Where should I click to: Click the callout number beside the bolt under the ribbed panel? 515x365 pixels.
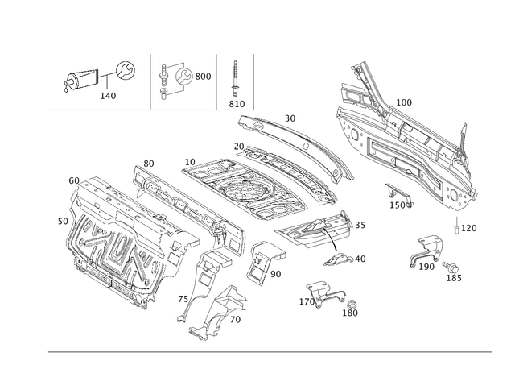469,228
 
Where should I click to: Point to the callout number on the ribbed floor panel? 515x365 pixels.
406,102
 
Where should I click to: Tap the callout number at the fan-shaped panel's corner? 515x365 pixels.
190,162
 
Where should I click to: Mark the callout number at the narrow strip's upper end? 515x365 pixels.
147,163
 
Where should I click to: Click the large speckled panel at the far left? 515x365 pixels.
121,242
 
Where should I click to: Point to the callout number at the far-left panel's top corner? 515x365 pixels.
74,179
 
